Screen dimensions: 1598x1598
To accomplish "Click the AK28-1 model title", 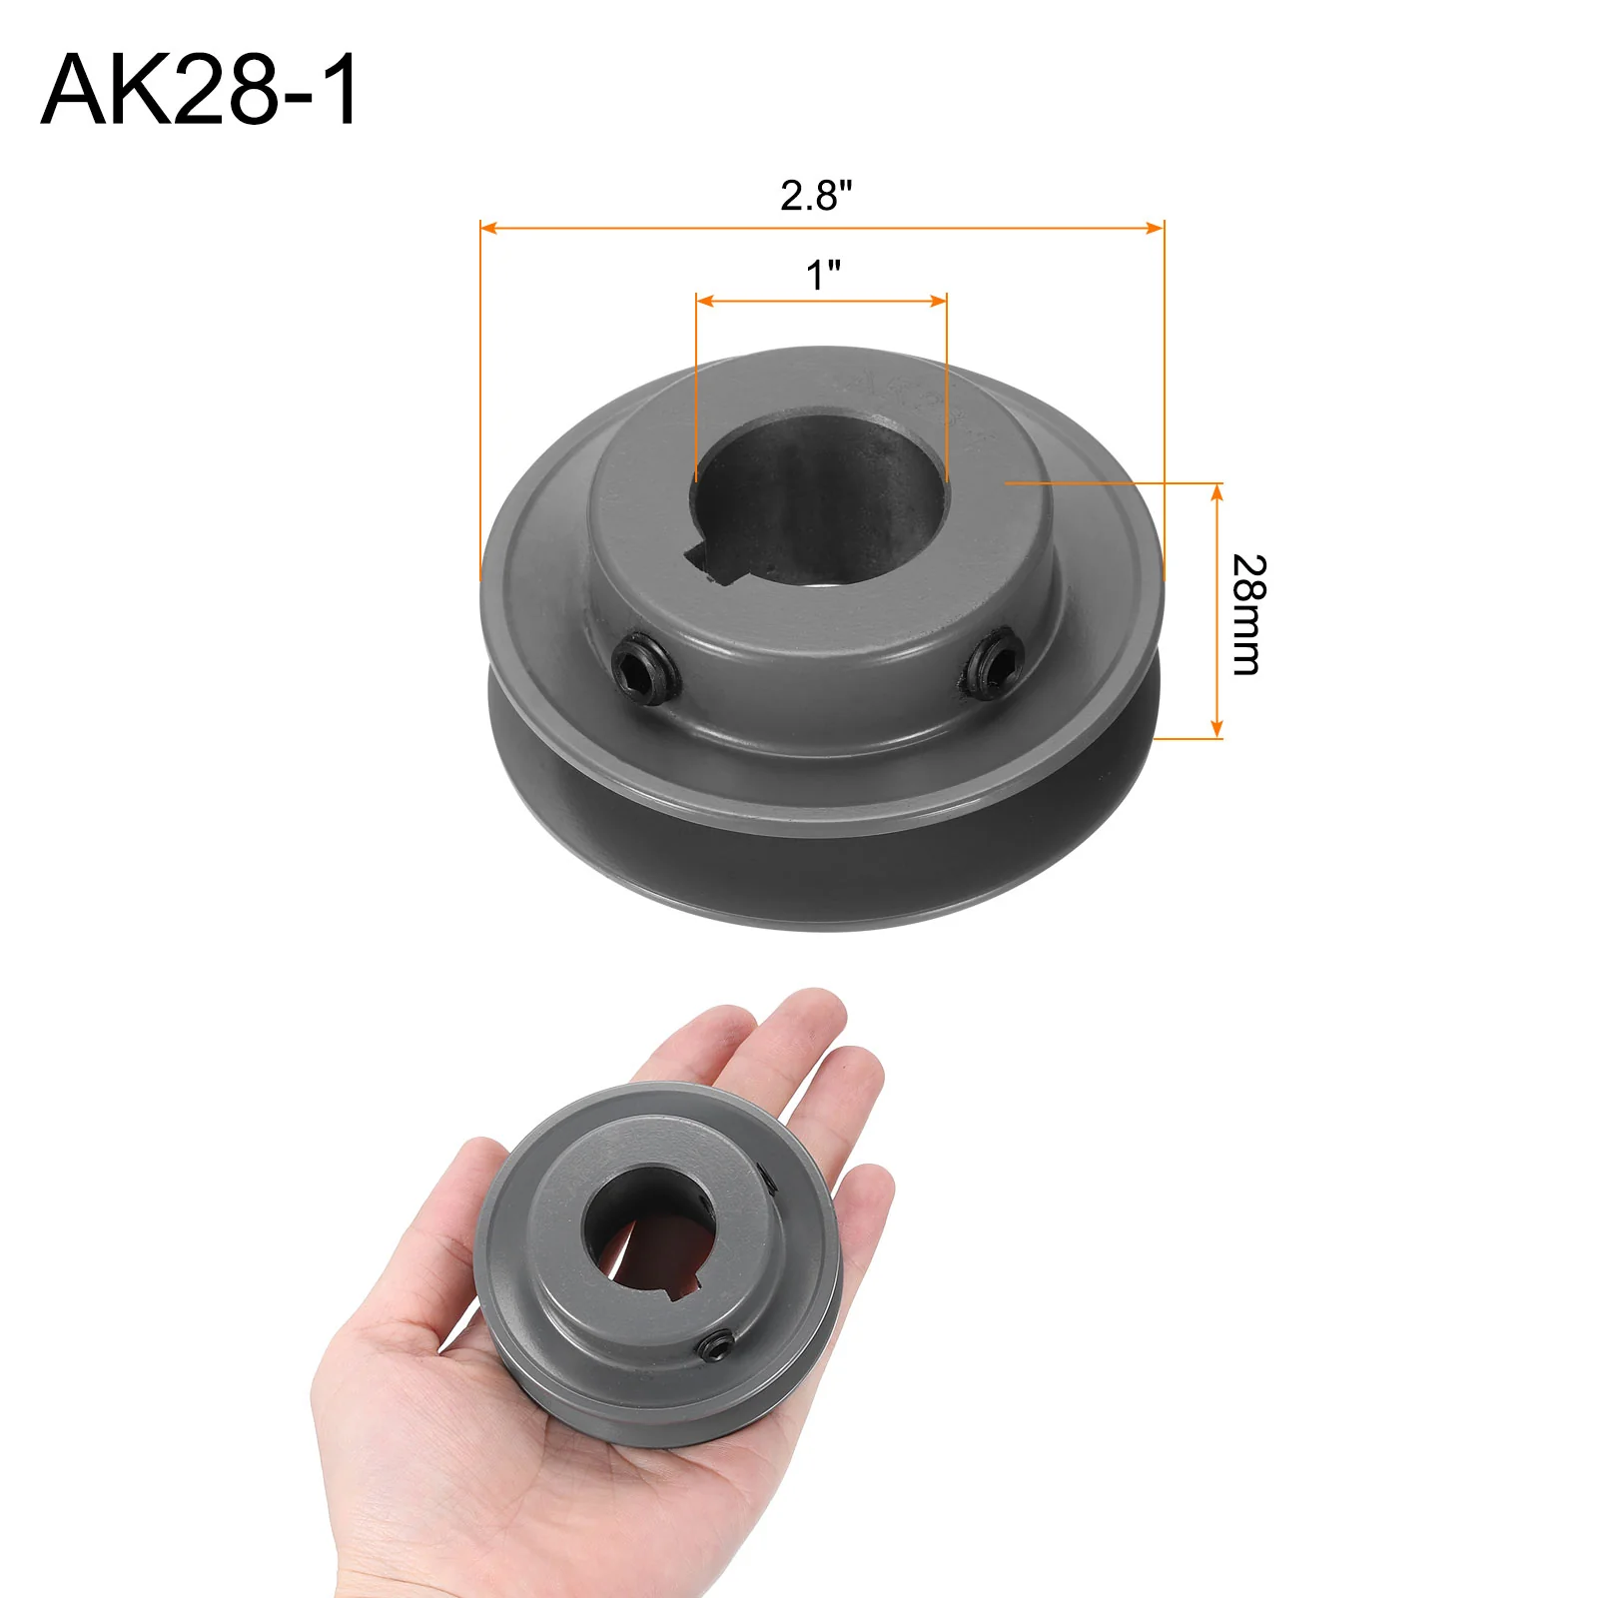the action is pyautogui.click(x=200, y=90).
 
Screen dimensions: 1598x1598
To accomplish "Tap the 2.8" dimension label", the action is pyautogui.click(x=816, y=195).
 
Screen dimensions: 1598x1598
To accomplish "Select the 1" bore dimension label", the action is pyautogui.click(x=824, y=275).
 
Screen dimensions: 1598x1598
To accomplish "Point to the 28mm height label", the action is pyautogui.click(x=1248, y=614).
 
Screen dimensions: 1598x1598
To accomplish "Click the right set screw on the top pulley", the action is pyautogui.click(x=995, y=664).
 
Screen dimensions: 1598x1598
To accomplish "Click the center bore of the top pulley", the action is pyautogui.click(x=822, y=494).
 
